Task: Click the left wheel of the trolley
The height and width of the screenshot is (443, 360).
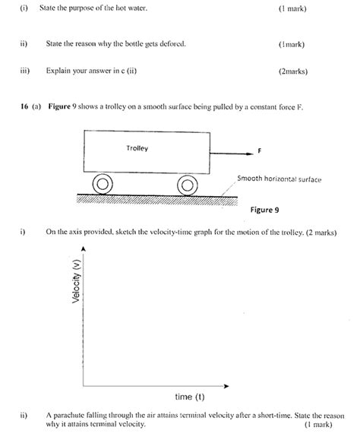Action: [103, 185]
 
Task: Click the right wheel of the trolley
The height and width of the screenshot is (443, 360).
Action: [187, 185]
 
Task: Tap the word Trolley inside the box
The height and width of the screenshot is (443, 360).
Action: [137, 147]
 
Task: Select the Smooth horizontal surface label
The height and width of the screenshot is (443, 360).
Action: [279, 179]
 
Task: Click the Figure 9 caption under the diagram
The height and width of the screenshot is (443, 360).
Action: [265, 208]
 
